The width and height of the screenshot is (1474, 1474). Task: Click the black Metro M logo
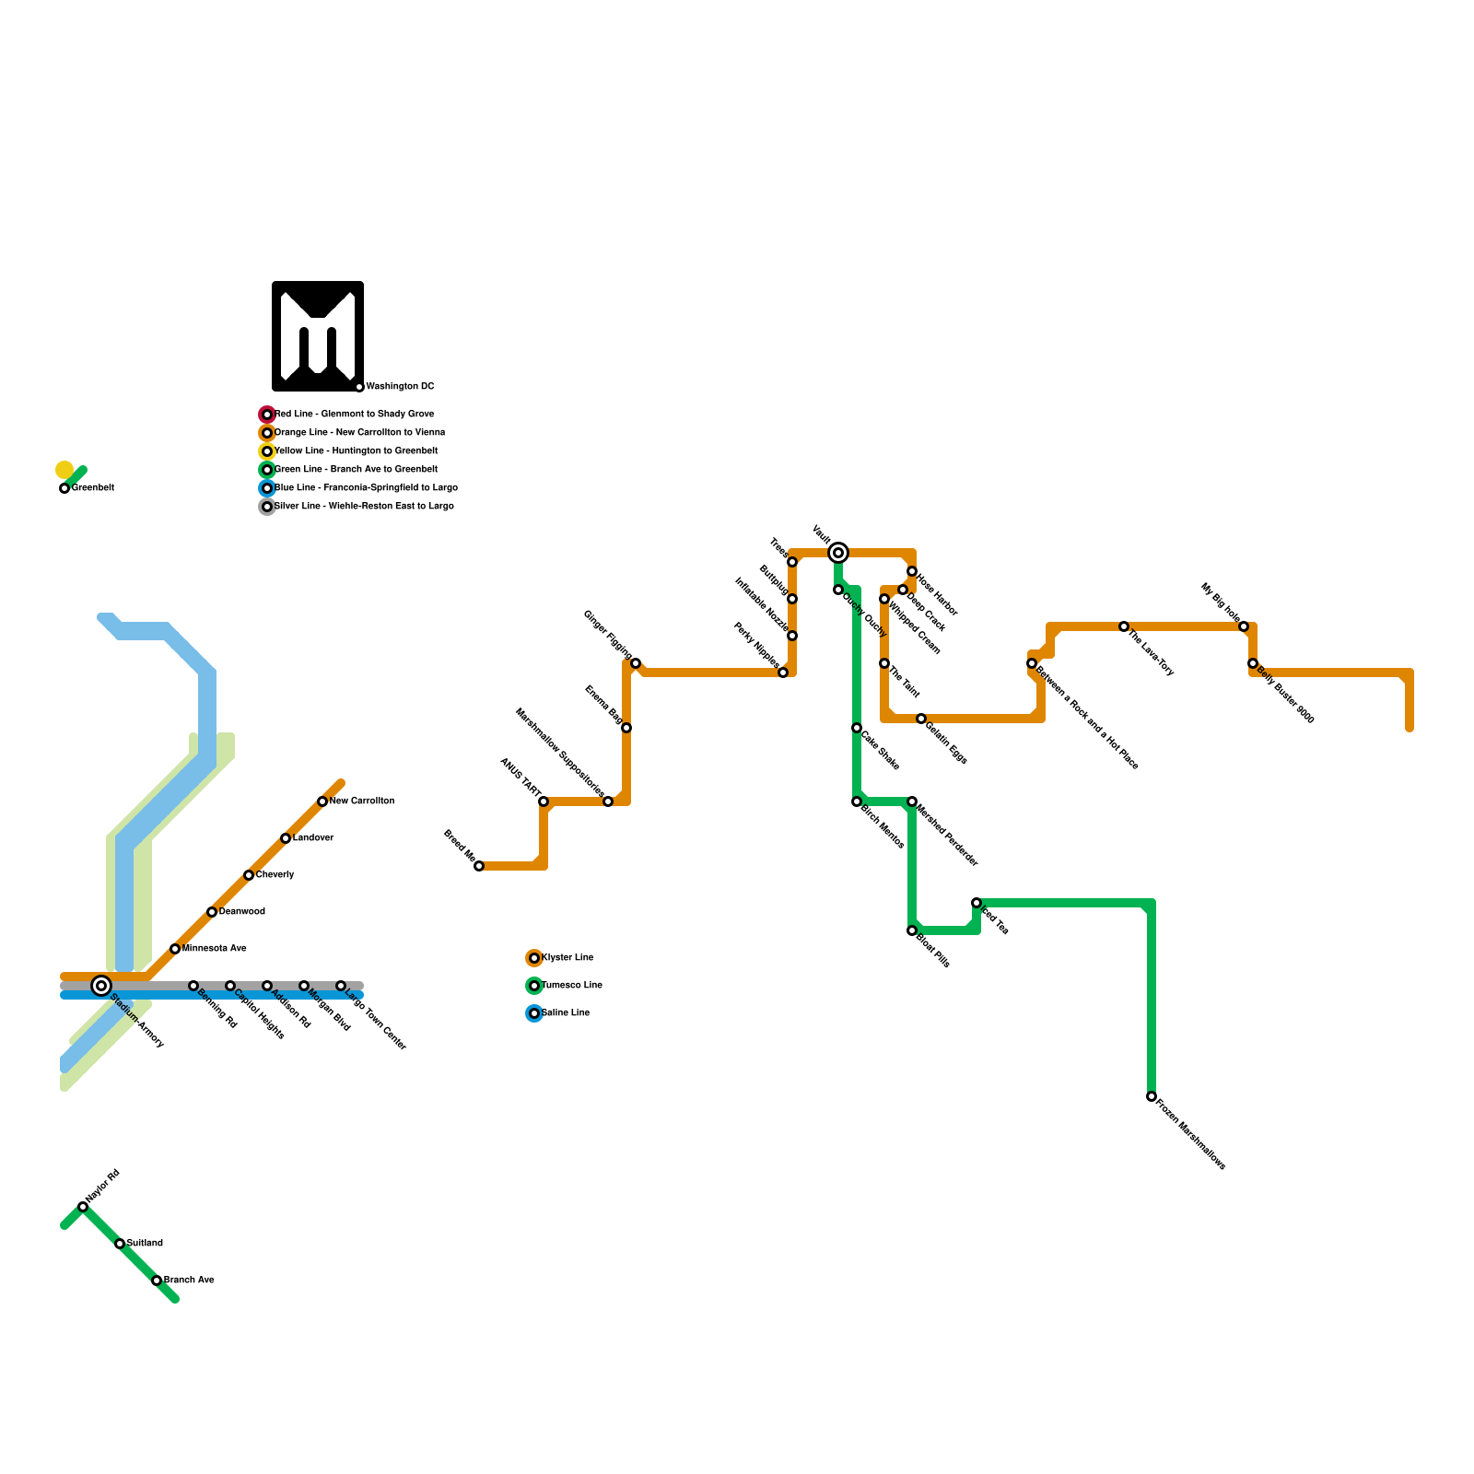[318, 336]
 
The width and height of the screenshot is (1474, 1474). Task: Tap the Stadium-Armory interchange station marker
[101, 986]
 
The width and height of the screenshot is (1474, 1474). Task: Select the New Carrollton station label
[362, 801]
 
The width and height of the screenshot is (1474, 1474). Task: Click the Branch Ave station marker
[157, 1281]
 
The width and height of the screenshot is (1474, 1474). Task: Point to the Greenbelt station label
[93, 488]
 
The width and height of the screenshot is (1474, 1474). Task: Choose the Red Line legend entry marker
[267, 415]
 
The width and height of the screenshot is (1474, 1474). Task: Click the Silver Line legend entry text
[364, 507]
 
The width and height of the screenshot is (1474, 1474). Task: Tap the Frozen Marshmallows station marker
[1152, 1096]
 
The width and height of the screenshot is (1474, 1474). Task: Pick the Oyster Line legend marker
[534, 958]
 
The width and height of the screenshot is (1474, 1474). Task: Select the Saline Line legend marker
[534, 1013]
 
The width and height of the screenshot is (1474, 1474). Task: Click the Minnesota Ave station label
[215, 949]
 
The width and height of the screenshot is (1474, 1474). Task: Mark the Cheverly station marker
[249, 875]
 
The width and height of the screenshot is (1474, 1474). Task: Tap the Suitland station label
[145, 1244]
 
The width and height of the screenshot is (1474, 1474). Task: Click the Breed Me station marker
[479, 866]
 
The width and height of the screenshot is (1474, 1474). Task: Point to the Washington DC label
[400, 387]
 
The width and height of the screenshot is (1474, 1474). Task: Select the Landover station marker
[286, 838]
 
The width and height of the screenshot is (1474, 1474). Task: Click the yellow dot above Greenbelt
[64, 470]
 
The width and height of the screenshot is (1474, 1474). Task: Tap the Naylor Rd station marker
[83, 1207]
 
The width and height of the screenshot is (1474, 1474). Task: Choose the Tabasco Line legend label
[572, 986]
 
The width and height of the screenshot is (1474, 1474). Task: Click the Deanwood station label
[242, 912]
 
